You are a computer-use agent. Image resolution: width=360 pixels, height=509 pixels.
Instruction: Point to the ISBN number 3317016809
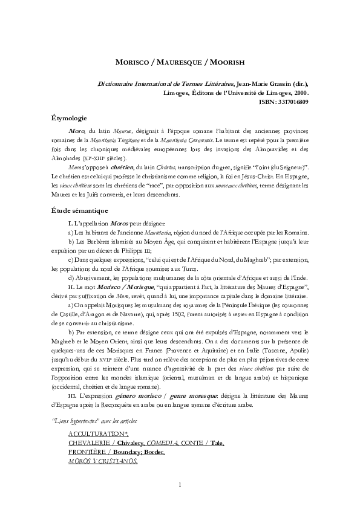[x=292, y=102]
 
